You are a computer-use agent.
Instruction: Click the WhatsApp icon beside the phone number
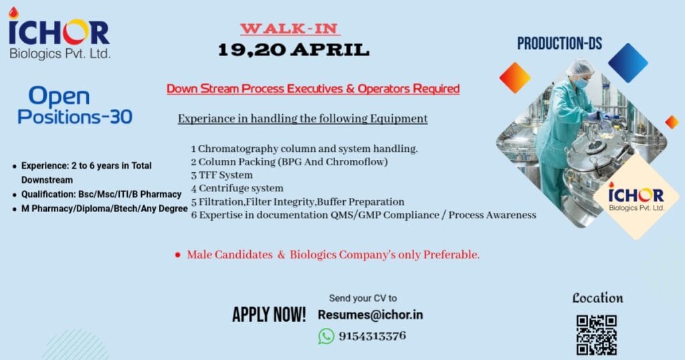pos(326,337)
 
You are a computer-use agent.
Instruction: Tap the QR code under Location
pos(596,335)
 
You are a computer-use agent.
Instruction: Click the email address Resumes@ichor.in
pos(371,315)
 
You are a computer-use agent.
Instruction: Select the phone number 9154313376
pos(372,336)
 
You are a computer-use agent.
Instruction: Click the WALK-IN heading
pos(290,29)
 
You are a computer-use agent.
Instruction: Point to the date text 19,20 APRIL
pos(294,50)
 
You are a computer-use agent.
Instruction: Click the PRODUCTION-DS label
pos(560,43)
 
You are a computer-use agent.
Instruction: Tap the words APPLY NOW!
pos(269,314)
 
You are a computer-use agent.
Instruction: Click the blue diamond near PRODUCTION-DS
pos(627,63)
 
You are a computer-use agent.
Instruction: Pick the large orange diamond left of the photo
pos(515,78)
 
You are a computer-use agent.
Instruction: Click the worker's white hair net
pos(580,68)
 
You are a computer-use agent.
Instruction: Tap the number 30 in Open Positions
pos(121,116)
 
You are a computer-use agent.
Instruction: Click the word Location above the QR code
pos(597,298)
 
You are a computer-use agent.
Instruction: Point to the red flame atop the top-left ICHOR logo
pos(14,13)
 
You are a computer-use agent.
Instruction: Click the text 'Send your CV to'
pos(363,298)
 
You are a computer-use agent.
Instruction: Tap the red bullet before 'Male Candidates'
pos(178,255)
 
